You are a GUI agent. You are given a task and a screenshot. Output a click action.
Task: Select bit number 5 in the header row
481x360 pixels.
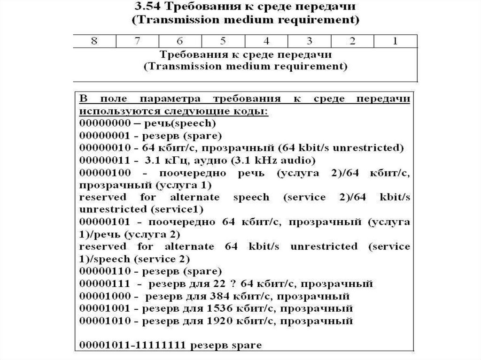tap(223, 41)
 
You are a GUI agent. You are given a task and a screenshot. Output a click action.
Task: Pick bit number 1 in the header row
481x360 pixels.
tap(395, 41)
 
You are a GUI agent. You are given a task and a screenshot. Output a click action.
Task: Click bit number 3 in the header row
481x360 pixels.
tap(309, 41)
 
